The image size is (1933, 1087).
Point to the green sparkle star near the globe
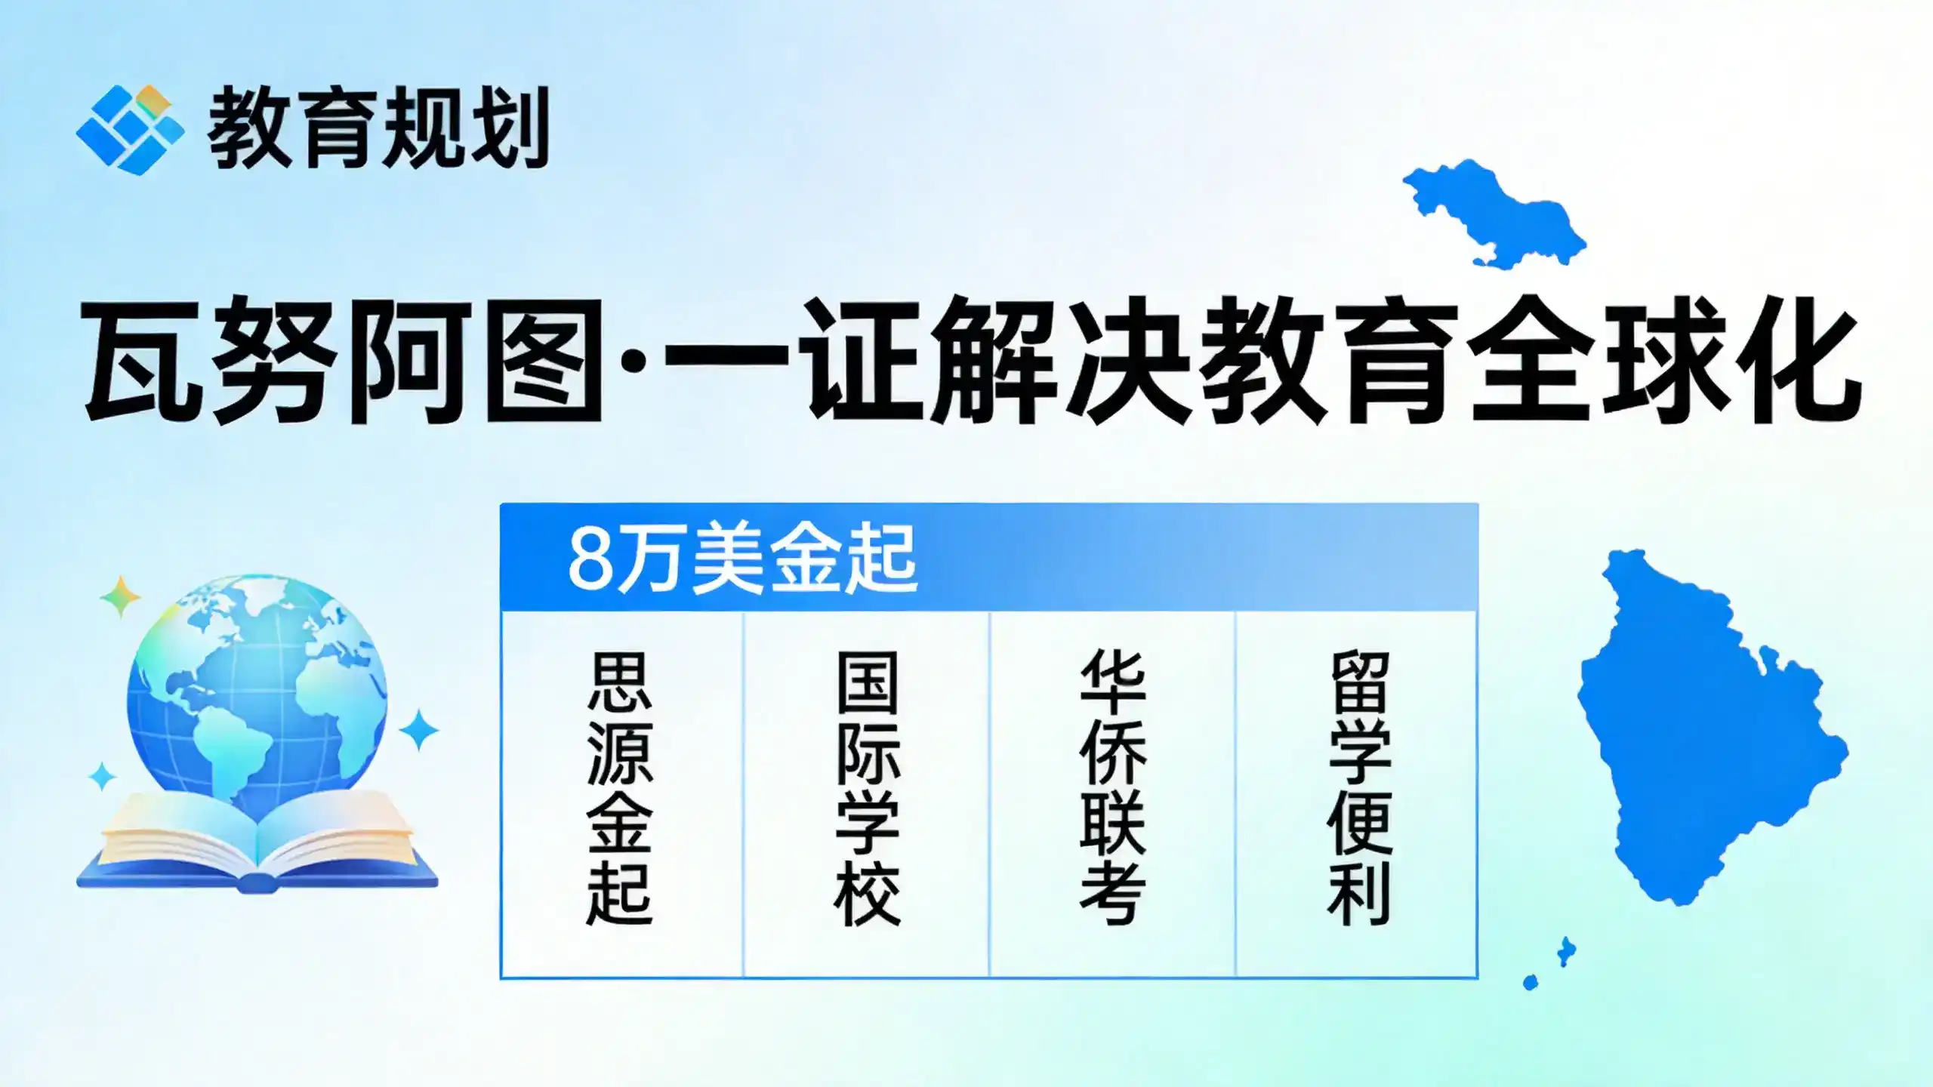coord(120,597)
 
